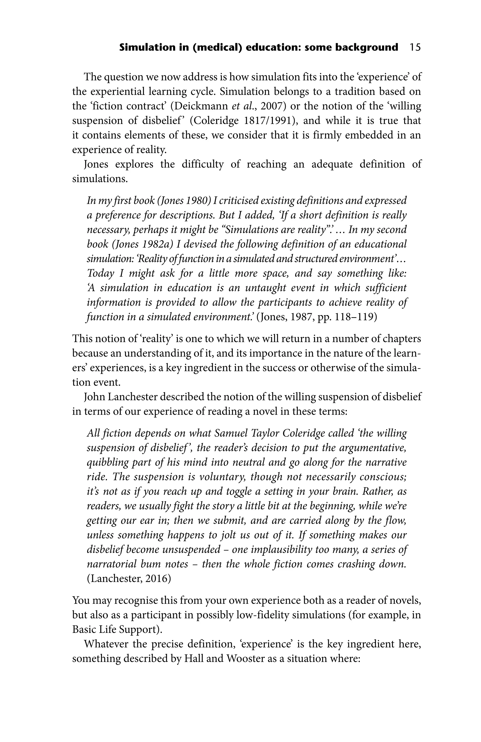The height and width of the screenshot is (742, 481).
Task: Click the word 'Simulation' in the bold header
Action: click(x=144, y=47)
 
